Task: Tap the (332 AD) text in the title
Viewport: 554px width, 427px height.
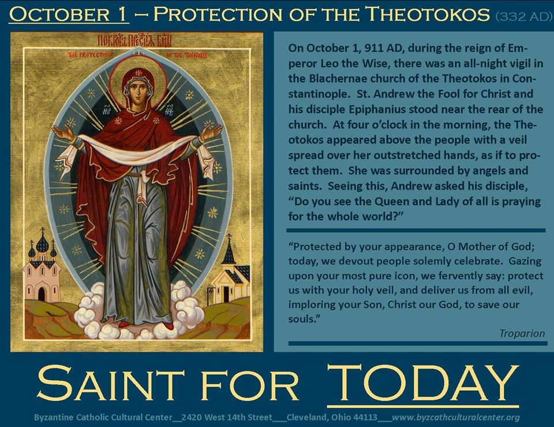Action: pos(523,17)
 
